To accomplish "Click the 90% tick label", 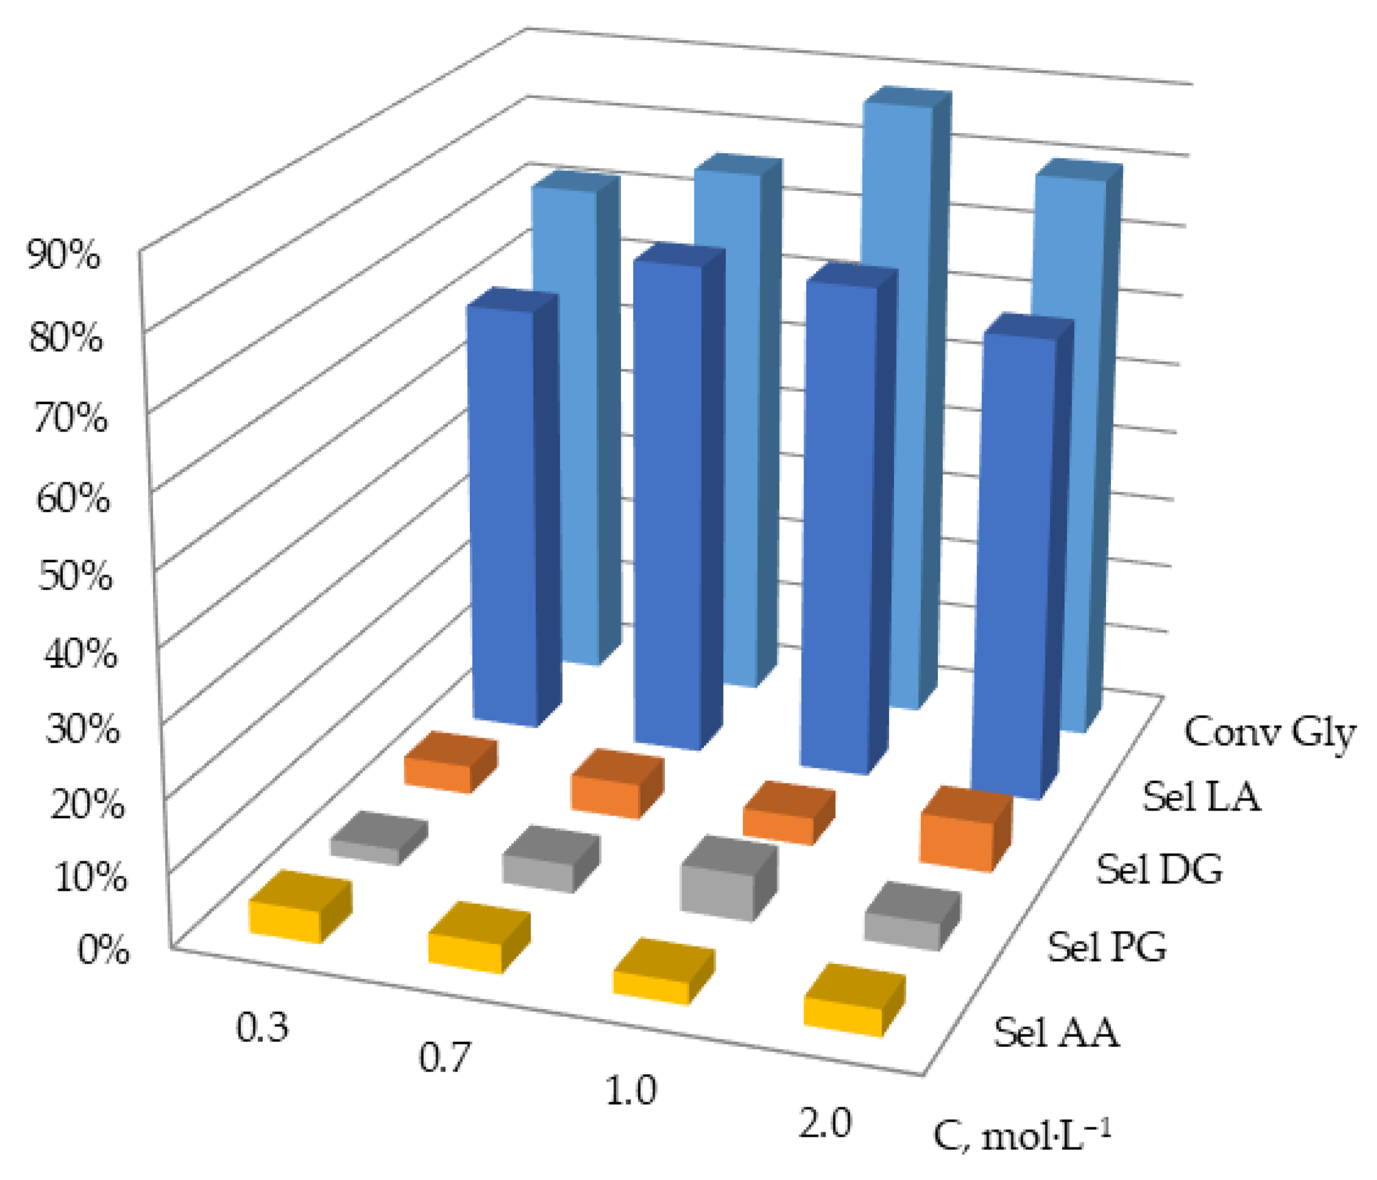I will coord(63,255).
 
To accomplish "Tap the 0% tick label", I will coord(103,950).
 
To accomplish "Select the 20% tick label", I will coord(87,806).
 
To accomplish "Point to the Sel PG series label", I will coord(1107,947).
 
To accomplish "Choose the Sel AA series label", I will coord(1056,1033).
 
